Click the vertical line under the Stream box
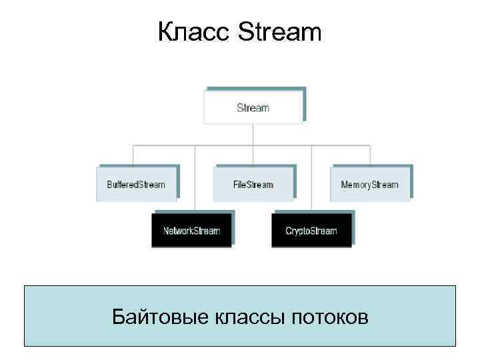click(253, 133)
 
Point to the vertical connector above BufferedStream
click(133, 155)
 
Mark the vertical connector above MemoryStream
click(371, 155)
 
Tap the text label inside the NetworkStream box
click(192, 231)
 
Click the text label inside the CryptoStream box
click(311, 231)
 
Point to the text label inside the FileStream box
click(253, 184)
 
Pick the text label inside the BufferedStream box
click(136, 184)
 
